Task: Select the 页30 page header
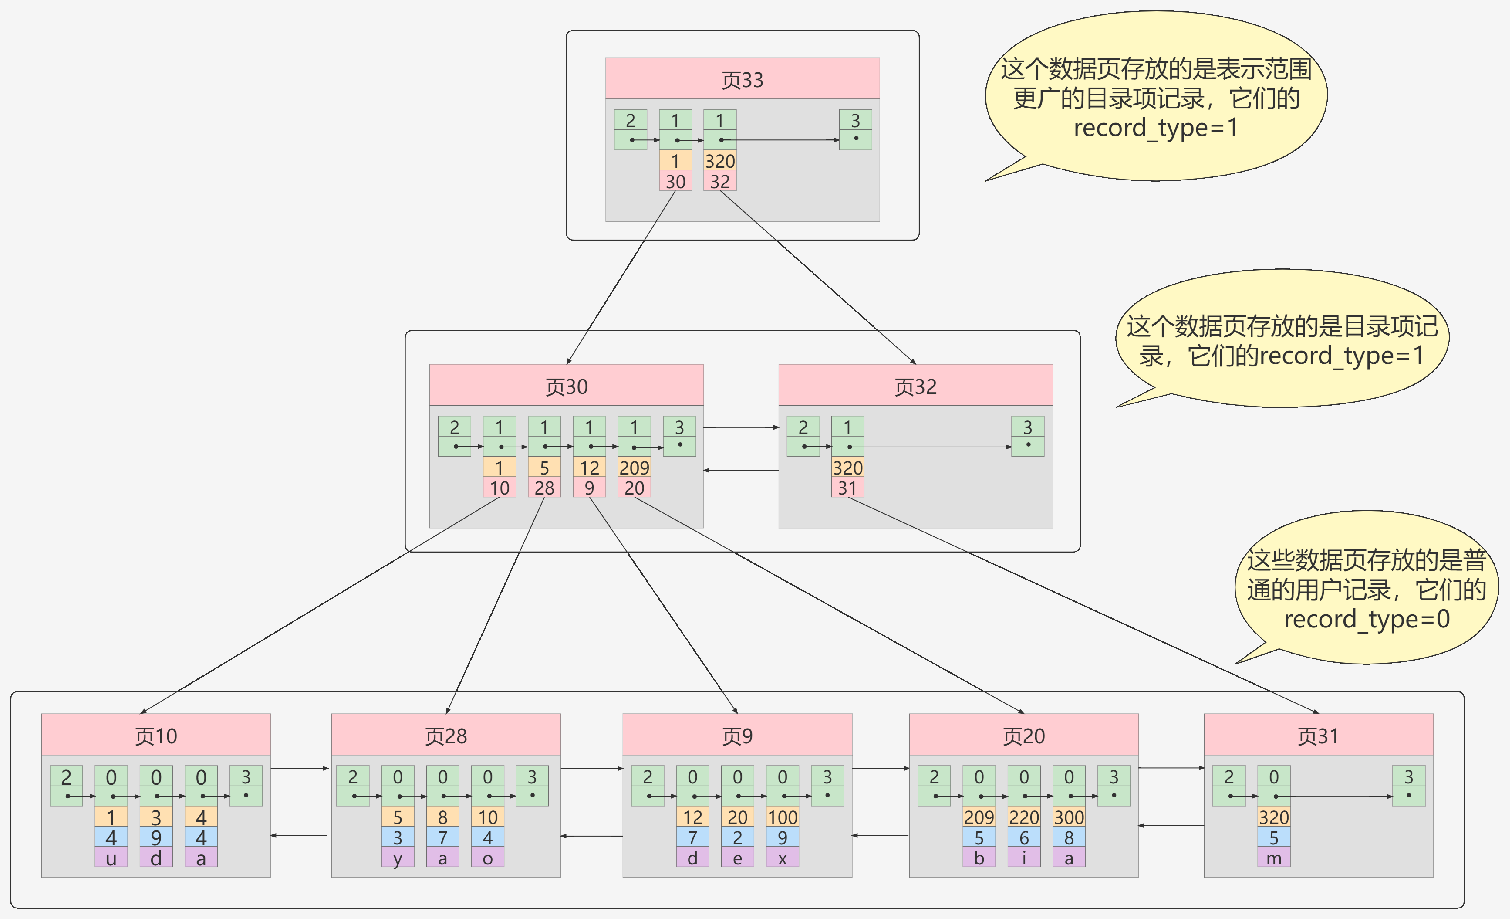point(567,386)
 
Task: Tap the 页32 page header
point(915,386)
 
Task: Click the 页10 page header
point(156,736)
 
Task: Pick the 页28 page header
point(446,736)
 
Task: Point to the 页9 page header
point(737,736)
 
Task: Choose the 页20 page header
point(1023,736)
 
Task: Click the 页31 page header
point(1318,736)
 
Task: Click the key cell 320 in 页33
point(720,161)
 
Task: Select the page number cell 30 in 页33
point(675,182)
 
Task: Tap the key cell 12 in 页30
point(589,468)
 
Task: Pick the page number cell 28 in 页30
point(544,488)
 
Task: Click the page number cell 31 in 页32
point(847,488)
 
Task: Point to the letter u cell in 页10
point(111,858)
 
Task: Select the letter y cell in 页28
point(398,858)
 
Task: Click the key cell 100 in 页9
point(783,817)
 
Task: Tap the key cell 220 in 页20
point(1023,817)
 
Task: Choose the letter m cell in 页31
point(1274,858)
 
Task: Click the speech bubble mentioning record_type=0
point(1366,589)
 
